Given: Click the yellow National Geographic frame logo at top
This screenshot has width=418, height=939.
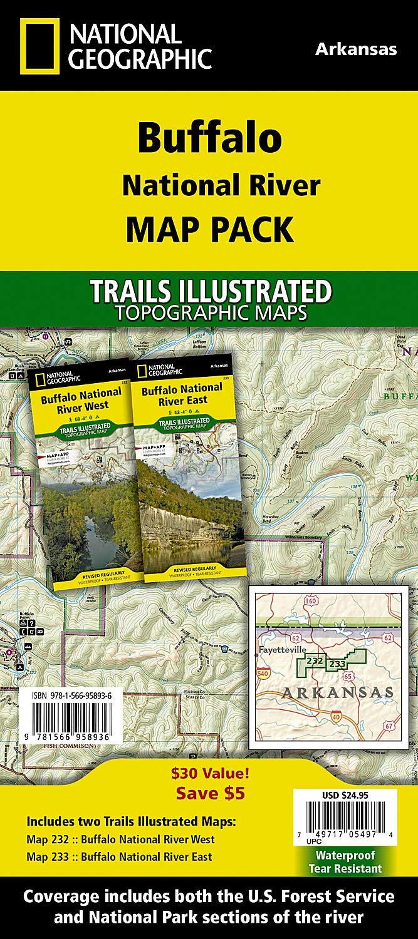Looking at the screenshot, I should (x=39, y=46).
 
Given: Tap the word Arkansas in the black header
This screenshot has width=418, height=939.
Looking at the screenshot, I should (x=355, y=49).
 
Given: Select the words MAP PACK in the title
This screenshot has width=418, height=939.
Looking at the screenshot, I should (x=209, y=229).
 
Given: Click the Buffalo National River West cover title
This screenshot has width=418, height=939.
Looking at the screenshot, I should (x=81, y=399).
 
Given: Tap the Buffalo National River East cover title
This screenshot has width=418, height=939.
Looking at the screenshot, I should (x=181, y=394).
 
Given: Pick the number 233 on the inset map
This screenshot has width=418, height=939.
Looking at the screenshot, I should (x=338, y=664).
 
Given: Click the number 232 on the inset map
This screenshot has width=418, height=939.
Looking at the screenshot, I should (x=315, y=661).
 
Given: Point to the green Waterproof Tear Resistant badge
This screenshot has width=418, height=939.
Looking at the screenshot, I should (x=345, y=861).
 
